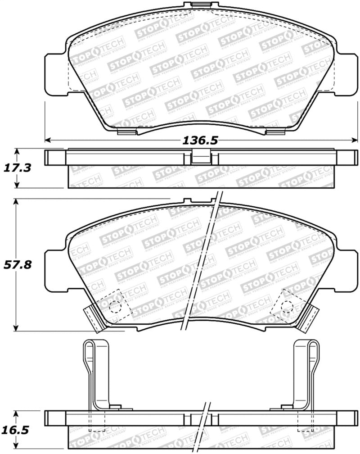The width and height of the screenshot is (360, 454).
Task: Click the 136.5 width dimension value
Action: (x=200, y=141)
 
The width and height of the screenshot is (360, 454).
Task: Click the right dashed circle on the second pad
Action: (x=286, y=306)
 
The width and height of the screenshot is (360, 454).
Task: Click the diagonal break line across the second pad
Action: (x=201, y=261)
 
